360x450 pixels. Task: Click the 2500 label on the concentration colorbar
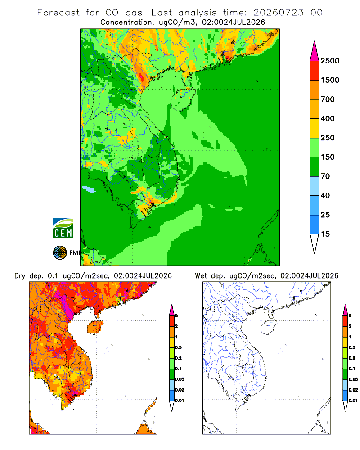[330, 61]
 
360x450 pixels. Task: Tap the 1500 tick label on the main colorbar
[330, 80]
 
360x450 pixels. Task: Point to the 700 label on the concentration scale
[328, 99]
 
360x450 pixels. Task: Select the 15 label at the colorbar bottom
[325, 234]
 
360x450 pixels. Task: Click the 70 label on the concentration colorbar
[325, 176]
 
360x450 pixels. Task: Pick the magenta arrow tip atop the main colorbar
[315, 51]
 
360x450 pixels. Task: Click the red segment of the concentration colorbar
[315, 71]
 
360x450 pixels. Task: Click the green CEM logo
[63, 229]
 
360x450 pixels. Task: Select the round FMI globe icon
[60, 253]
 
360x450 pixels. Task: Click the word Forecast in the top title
[58, 13]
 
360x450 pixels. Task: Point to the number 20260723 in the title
[278, 13]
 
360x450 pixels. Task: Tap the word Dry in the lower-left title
[20, 276]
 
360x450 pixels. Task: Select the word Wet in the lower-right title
[201, 276]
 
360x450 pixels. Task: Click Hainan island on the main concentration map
[183, 99]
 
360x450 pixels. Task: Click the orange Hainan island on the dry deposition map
[95, 327]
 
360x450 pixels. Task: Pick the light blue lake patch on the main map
[88, 189]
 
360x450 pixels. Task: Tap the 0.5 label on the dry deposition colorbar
[178, 347]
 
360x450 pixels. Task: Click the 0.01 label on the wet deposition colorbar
[353, 400]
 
